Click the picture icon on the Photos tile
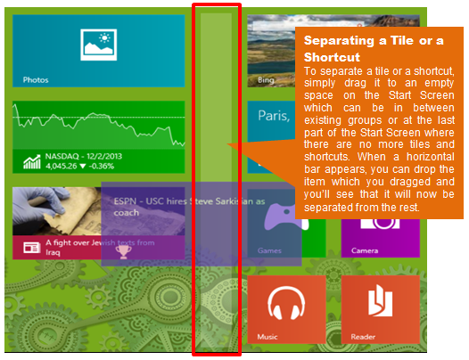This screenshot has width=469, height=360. tap(98, 45)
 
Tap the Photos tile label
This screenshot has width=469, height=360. tap(36, 80)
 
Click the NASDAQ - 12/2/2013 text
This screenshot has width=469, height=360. tap(84, 156)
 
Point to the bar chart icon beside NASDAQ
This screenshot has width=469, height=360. tap(32, 162)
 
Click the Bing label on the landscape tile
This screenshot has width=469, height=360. tap(266, 80)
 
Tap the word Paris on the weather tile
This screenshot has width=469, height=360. tap(274, 116)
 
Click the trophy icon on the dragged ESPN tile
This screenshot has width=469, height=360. tap(124, 252)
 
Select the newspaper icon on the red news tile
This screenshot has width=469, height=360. tap(32, 248)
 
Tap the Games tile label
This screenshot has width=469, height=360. tap(269, 250)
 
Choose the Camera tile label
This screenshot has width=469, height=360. tap(365, 250)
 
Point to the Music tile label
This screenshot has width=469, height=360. tap(267, 337)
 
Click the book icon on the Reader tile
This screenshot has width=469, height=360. tap(380, 300)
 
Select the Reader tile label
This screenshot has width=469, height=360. tap(363, 337)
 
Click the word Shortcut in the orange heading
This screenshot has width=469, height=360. tap(332, 57)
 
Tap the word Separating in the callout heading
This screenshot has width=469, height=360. tap(339, 41)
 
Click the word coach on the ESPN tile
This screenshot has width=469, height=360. tap(127, 213)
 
